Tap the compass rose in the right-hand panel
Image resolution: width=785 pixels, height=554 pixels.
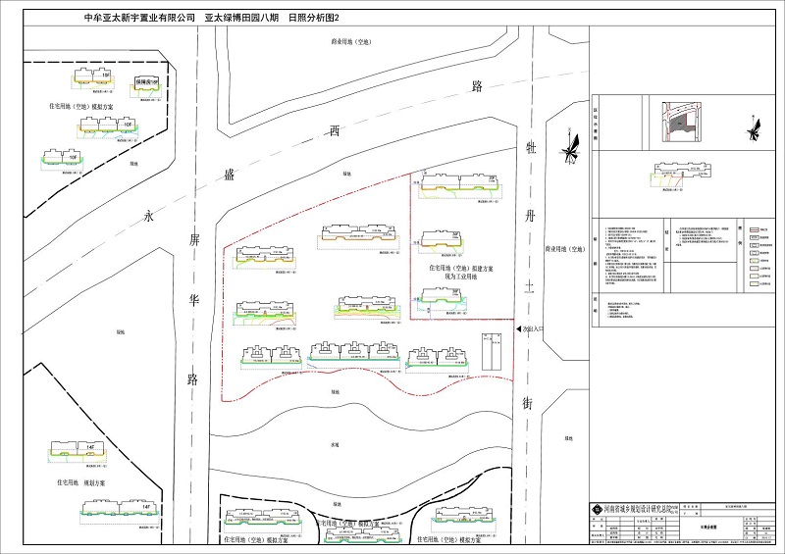[754, 127]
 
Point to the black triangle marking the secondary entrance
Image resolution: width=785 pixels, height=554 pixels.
[519, 331]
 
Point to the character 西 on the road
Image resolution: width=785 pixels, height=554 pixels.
[335, 130]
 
